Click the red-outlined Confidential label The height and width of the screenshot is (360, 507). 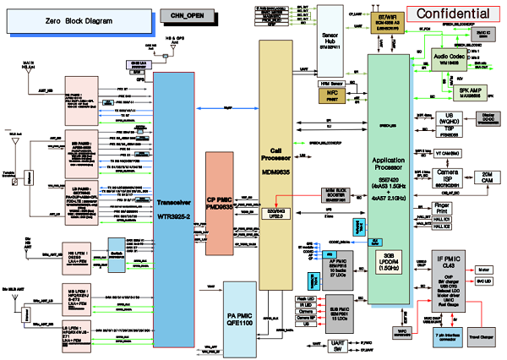(455, 14)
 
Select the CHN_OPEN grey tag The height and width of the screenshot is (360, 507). (186, 14)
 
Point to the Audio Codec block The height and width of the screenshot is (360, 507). (448, 58)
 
